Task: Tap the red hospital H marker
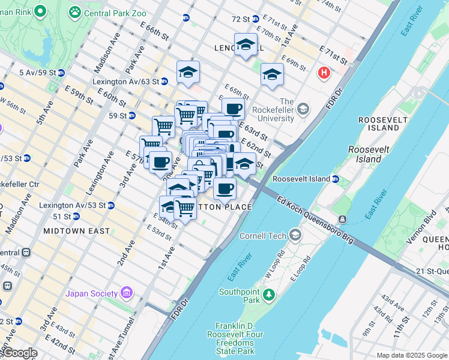pos(324,73)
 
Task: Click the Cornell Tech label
pos(263,236)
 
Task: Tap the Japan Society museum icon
pos(126,293)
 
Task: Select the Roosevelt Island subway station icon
pos(336,179)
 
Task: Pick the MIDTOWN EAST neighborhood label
pos(77,231)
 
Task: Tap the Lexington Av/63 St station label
pos(125,82)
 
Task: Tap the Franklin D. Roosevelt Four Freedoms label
pos(238,338)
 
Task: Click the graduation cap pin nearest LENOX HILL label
pos(246,44)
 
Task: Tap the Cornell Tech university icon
pos(295,235)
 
